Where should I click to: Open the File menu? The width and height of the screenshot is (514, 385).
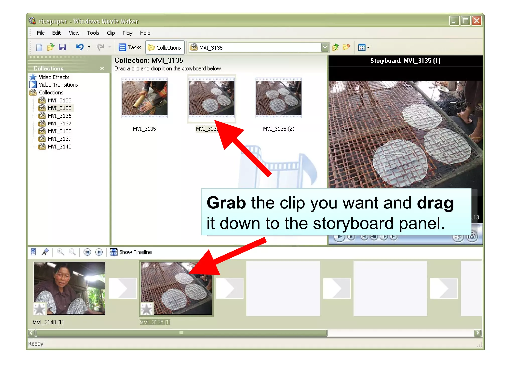[40, 33]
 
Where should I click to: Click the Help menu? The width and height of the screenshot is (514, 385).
[145, 33]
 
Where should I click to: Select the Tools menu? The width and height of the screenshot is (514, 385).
[93, 33]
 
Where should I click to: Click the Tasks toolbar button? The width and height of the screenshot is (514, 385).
[130, 47]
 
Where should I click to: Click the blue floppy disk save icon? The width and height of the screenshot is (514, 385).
[62, 47]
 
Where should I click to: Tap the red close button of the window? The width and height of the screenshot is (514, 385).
[476, 21]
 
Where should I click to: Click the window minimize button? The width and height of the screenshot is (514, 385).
[454, 21]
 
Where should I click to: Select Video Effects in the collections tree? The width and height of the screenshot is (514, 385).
[54, 77]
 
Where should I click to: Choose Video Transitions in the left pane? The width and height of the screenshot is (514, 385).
[58, 85]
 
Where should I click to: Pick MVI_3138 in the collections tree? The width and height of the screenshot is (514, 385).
[59, 131]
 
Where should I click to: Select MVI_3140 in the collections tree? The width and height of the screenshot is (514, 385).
[59, 147]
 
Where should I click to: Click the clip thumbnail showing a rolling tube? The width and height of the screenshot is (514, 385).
[145, 98]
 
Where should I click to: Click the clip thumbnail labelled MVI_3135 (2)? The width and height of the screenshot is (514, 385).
[279, 98]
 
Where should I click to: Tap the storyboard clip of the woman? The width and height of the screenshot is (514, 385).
[69, 288]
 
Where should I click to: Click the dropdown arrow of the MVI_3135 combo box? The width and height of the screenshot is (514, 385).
[325, 47]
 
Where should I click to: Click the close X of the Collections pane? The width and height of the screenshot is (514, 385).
[102, 68]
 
